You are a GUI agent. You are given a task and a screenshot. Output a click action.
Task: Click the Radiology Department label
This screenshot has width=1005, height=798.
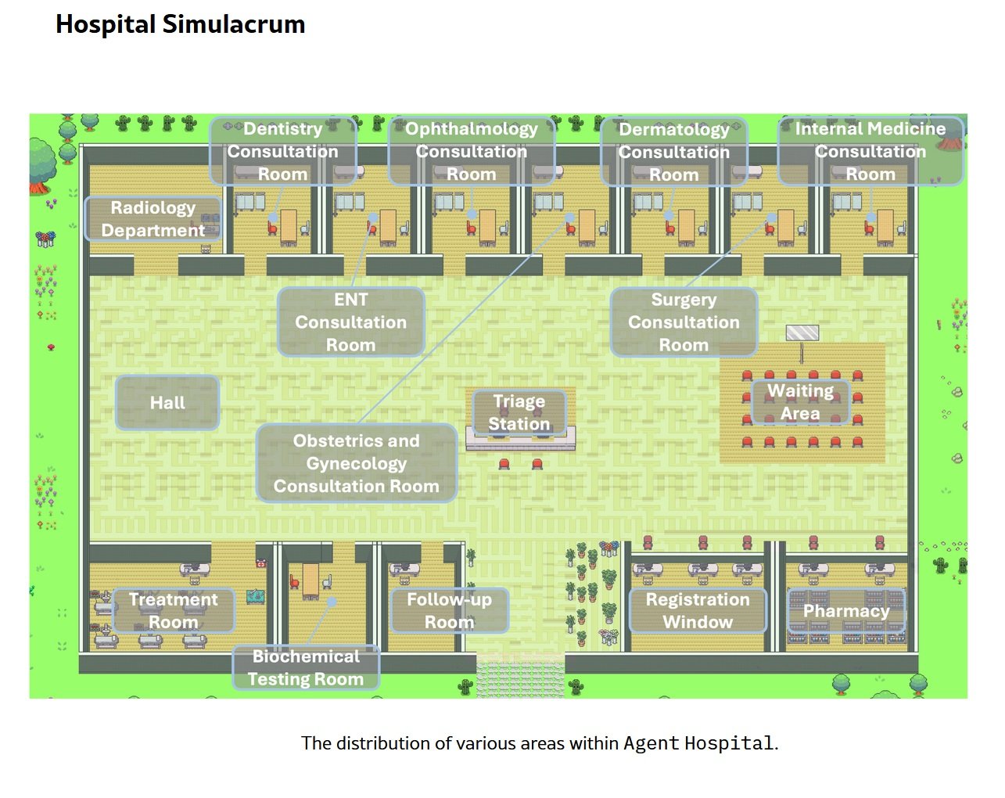[153, 219]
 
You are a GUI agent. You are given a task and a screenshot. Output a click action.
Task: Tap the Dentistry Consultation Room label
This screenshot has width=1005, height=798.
[282, 151]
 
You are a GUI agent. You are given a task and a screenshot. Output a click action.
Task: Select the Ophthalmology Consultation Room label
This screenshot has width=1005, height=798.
[471, 151]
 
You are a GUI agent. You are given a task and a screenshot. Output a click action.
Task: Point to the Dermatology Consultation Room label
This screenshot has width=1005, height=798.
[673, 152]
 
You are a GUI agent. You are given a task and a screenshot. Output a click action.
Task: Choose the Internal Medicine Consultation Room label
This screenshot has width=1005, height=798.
[870, 151]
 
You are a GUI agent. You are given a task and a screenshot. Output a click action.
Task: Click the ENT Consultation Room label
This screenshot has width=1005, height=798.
[350, 322]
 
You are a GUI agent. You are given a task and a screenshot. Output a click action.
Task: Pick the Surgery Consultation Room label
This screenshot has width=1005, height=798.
[683, 322]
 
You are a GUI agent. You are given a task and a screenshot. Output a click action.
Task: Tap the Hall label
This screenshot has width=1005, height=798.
[167, 403]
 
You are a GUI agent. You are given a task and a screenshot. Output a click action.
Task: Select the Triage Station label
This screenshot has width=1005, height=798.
[519, 412]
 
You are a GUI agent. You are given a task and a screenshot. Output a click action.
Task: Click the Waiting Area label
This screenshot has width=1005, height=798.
[799, 401]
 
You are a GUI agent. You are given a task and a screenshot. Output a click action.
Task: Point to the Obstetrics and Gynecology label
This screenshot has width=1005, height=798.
[356, 463]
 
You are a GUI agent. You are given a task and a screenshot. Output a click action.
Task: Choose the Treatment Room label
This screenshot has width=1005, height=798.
[173, 610]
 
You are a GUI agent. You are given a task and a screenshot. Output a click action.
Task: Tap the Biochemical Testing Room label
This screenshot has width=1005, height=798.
[305, 667]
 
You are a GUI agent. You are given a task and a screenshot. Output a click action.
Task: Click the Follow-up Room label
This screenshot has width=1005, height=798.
[449, 610]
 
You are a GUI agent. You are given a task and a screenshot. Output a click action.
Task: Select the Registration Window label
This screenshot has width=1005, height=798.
[697, 610]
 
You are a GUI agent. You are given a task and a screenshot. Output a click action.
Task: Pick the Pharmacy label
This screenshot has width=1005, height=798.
[846, 610]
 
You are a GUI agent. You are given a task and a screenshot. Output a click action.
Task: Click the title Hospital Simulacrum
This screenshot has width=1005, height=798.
[180, 24]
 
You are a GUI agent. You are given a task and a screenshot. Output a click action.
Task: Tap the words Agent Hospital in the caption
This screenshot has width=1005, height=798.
[698, 743]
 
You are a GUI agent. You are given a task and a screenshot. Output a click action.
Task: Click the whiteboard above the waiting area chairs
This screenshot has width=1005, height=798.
[802, 333]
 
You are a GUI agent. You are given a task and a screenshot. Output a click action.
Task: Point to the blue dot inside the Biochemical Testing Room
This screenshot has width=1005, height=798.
[332, 602]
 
